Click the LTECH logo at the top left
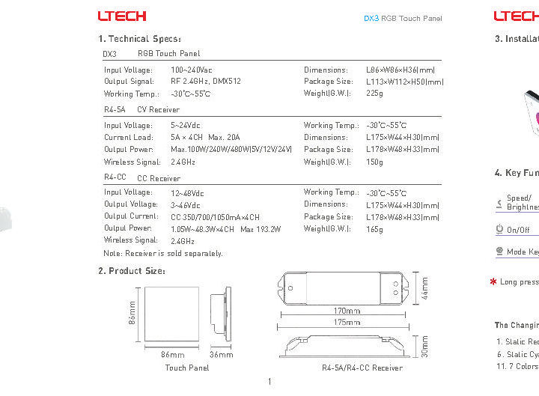click(122, 16)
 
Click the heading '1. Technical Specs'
click(139, 39)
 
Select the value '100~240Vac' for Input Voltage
click(192, 70)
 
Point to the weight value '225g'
click(374, 94)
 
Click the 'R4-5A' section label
click(115, 109)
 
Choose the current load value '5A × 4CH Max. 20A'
click(205, 138)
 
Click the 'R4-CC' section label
click(115, 177)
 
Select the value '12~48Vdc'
click(187, 192)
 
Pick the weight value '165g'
click(374, 228)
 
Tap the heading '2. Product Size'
click(132, 270)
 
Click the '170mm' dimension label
click(346, 311)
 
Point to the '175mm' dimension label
click(346, 323)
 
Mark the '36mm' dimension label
click(222, 354)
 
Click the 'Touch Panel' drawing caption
click(187, 368)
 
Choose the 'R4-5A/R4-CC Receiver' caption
click(362, 368)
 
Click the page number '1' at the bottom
click(269, 383)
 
